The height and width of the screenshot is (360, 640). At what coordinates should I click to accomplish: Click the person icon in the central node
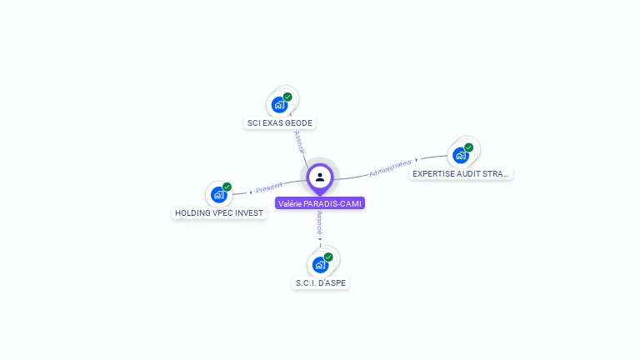click(x=319, y=177)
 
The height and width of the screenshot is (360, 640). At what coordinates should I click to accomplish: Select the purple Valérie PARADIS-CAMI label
click(x=320, y=203)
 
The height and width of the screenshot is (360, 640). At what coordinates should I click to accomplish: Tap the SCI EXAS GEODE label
click(x=280, y=123)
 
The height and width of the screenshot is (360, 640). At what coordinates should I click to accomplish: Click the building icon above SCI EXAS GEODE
click(x=279, y=106)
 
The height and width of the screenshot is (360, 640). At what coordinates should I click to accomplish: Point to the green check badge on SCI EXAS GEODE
click(x=287, y=97)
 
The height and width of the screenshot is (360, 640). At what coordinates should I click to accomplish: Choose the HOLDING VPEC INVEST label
click(x=219, y=213)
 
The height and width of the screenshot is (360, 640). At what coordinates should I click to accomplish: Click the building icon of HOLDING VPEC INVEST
click(x=218, y=196)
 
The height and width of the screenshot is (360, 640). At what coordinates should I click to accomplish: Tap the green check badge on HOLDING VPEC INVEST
click(x=227, y=187)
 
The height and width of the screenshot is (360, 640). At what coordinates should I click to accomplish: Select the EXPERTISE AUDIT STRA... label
click(x=461, y=174)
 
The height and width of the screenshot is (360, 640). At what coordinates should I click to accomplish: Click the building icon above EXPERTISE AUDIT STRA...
click(x=460, y=156)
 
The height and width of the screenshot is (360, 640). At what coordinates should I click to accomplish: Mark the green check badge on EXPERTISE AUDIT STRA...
click(x=468, y=147)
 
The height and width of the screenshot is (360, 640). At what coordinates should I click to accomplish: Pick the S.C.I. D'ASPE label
click(x=321, y=283)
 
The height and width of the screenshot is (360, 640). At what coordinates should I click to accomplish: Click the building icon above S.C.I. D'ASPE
click(x=320, y=266)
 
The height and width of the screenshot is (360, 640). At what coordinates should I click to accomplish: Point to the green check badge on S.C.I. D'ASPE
click(x=328, y=257)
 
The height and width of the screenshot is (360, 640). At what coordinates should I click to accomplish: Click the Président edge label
click(x=269, y=187)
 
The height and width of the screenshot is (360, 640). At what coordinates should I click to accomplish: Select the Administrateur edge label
click(x=390, y=168)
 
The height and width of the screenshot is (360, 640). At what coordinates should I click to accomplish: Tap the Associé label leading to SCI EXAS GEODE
click(x=300, y=142)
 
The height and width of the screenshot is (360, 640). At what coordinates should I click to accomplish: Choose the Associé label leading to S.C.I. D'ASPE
click(x=320, y=222)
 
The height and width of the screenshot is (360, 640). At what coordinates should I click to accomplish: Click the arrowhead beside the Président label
click(x=251, y=192)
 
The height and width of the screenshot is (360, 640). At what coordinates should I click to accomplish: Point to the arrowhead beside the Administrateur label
click(x=417, y=160)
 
